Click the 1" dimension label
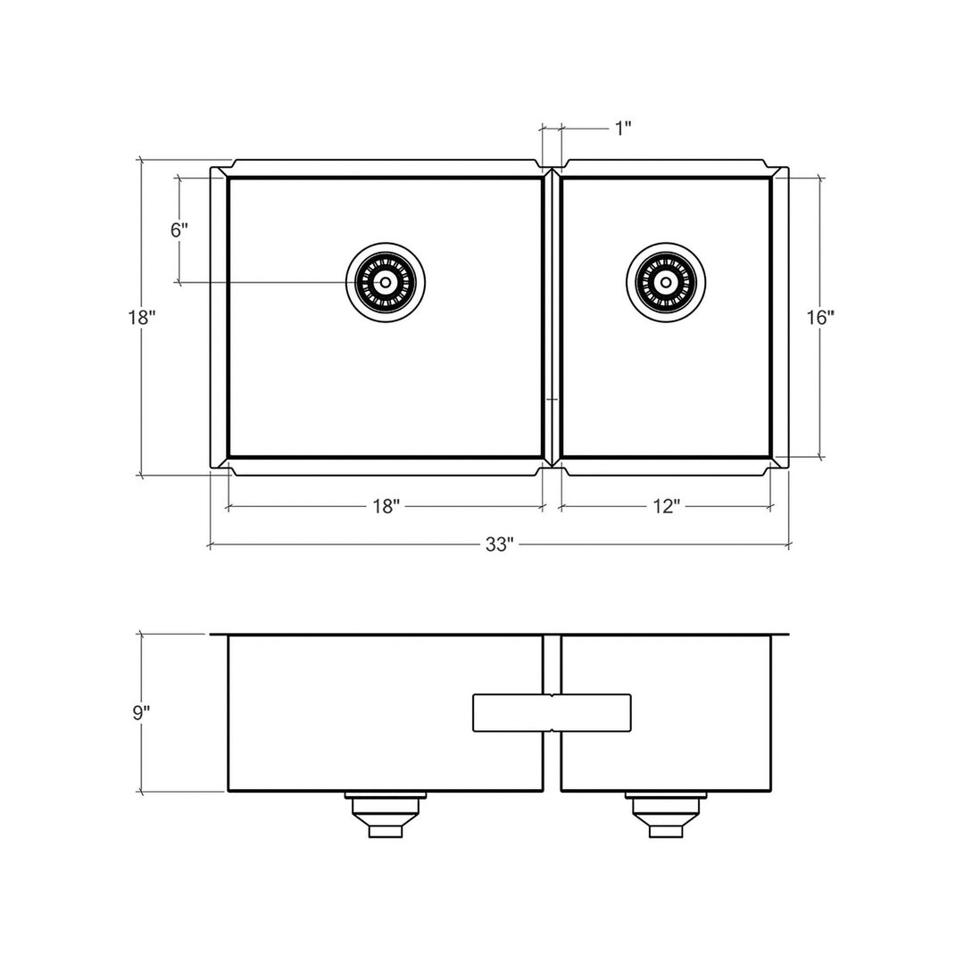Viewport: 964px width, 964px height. point(622,129)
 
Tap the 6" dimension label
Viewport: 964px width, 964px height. point(179,229)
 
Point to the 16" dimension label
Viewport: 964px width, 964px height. point(819,317)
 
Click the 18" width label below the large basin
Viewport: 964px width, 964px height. point(385,507)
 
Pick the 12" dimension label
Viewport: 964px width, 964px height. point(666,507)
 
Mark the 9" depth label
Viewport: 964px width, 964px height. point(140,712)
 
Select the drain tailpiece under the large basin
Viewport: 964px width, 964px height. point(386,814)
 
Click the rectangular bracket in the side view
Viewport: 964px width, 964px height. point(552,712)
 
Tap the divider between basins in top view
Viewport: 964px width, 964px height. point(552,317)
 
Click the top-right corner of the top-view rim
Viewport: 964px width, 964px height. point(787,168)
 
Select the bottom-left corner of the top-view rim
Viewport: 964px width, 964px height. point(211,467)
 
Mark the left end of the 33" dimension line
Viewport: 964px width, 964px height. point(210,544)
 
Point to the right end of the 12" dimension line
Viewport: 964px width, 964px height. point(771,507)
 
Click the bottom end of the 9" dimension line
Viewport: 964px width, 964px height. point(141,792)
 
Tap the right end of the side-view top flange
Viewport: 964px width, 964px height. point(788,635)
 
